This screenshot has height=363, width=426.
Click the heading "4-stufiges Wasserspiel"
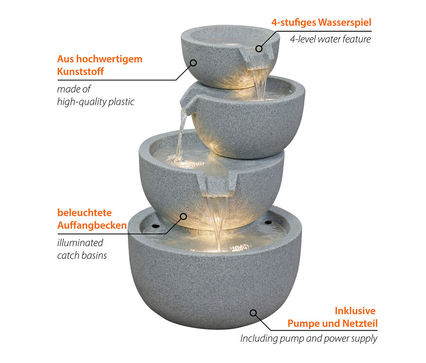[x=321, y=22]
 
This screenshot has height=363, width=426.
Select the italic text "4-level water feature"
[x=330, y=39]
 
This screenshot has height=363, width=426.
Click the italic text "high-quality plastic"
[x=96, y=101]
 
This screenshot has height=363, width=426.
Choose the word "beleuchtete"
[x=84, y=213]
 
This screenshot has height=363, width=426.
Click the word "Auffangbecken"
[x=92, y=225]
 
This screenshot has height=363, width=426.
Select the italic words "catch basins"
[x=82, y=255]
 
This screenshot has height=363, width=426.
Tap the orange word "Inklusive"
[x=355, y=310]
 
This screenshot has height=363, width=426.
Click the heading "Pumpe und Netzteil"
[x=332, y=324]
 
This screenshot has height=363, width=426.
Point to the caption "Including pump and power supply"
[x=309, y=338]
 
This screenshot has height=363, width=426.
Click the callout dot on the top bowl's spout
[x=259, y=48]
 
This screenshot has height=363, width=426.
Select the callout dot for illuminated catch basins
[x=183, y=216]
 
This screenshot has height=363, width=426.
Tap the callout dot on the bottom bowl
[x=253, y=313]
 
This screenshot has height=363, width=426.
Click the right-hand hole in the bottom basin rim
[x=269, y=223]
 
